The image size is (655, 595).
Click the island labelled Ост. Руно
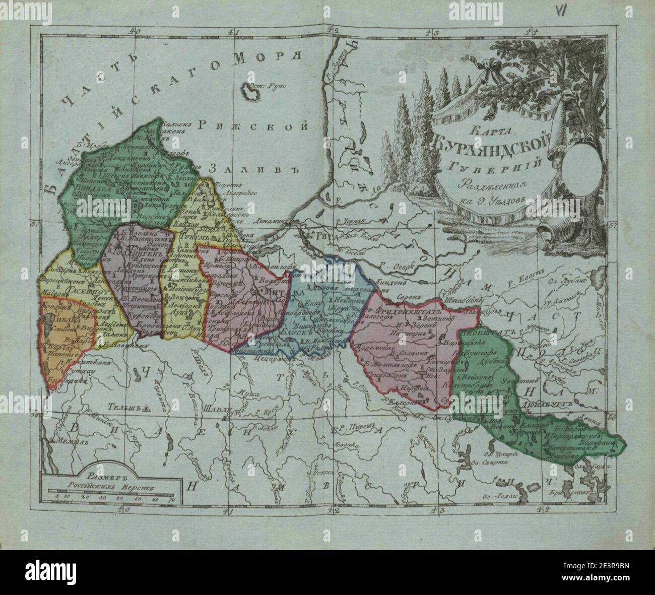tap(250, 92)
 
